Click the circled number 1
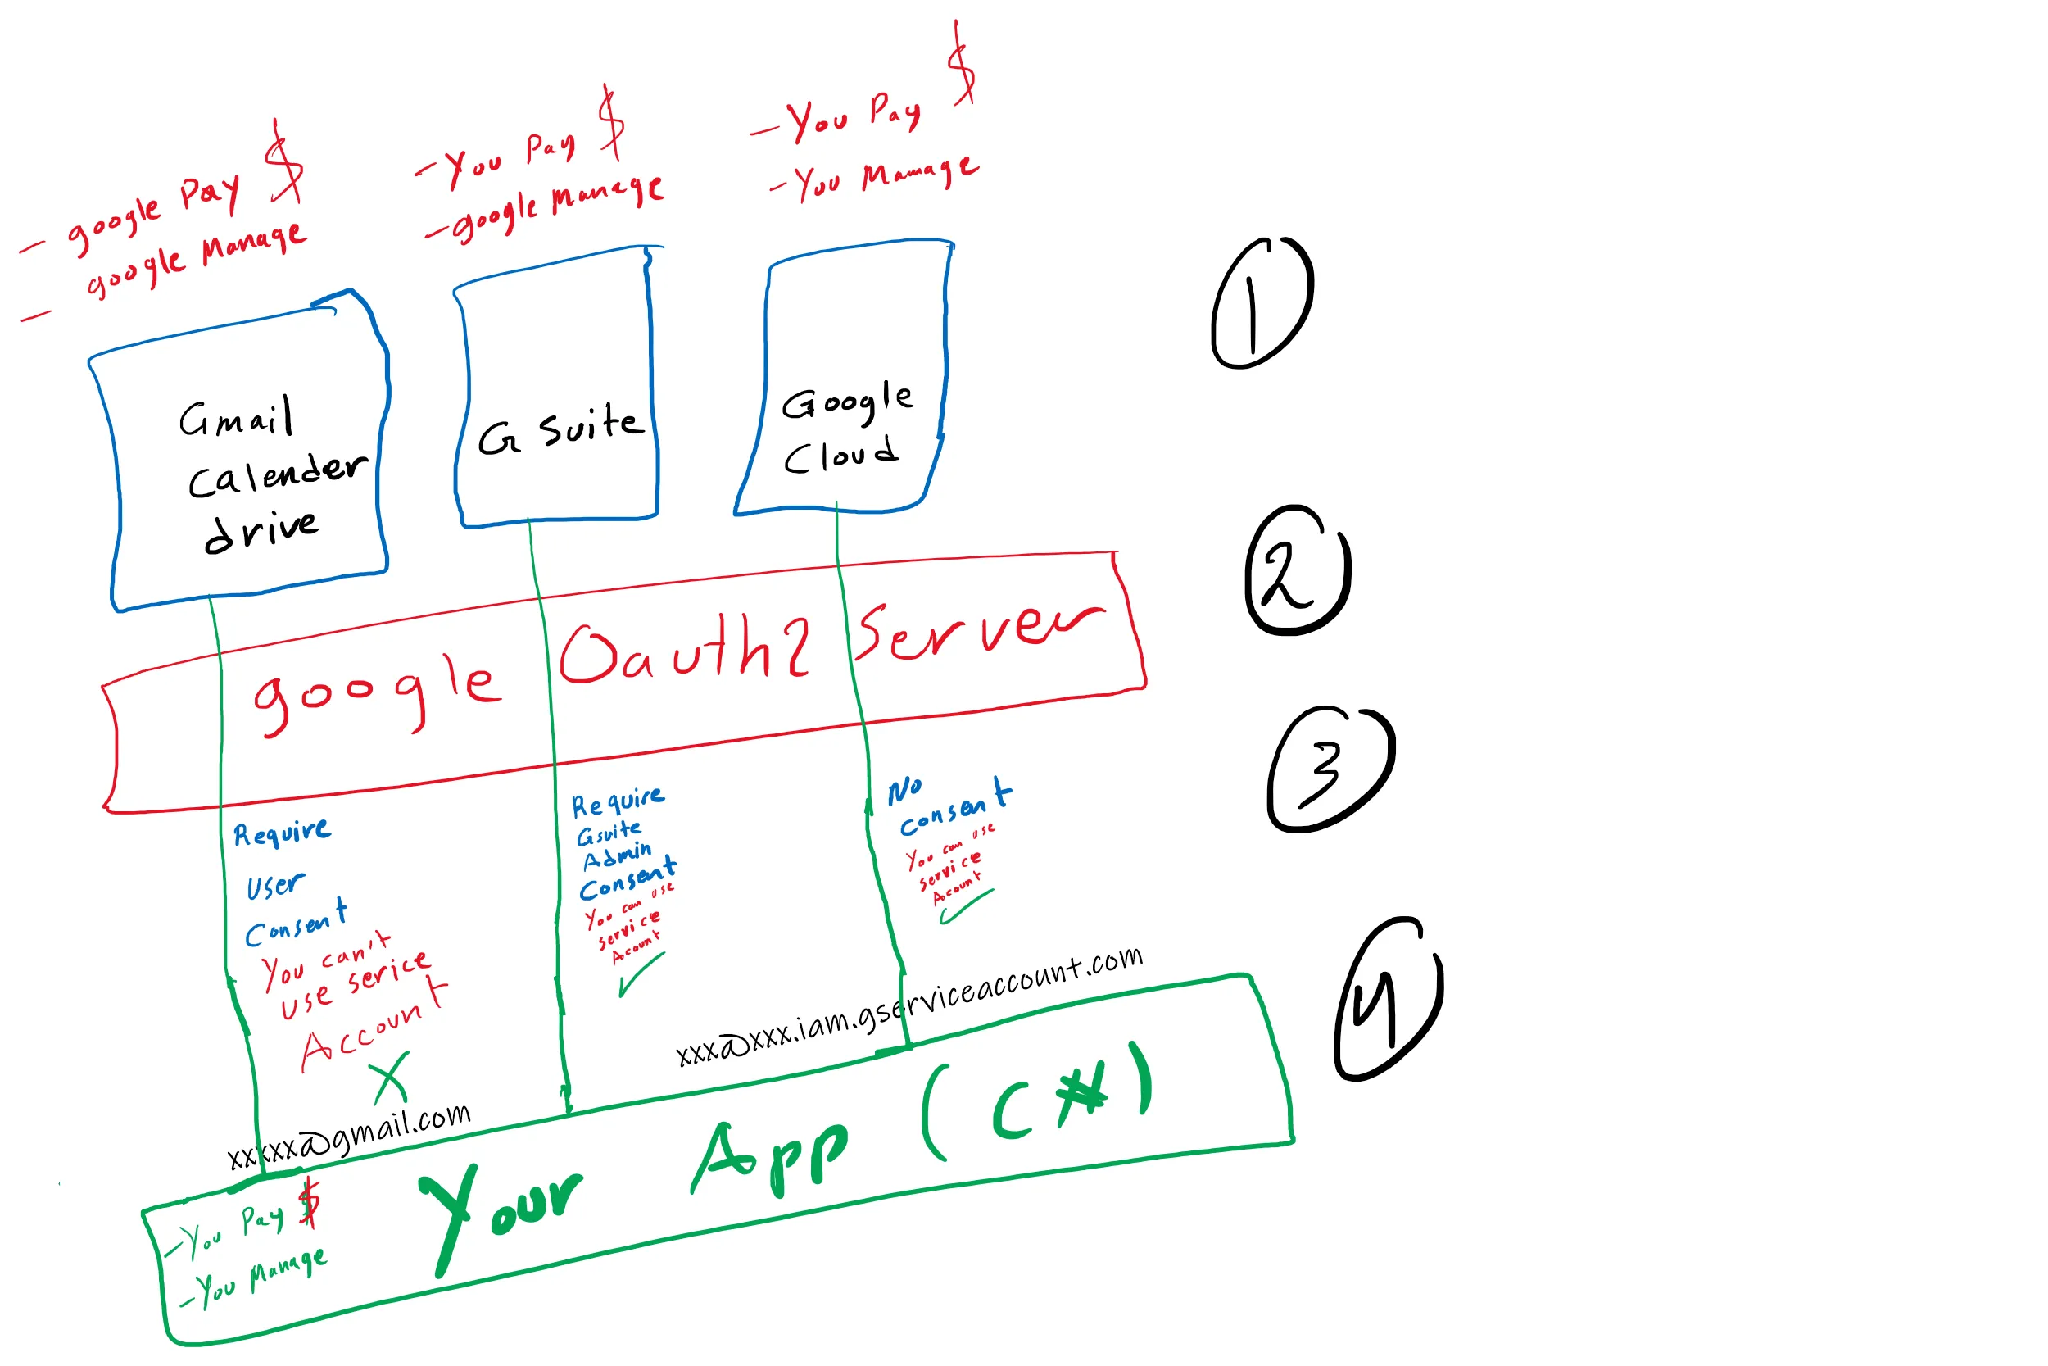tap(1261, 304)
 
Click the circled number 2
tap(1298, 570)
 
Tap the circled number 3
tap(1330, 768)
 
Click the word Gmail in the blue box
tap(236, 418)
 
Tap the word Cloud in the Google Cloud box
tap(840, 455)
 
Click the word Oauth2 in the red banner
tap(684, 649)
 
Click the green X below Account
tap(390, 1078)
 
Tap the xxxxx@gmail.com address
tap(349, 1137)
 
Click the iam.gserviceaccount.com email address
tap(910, 1006)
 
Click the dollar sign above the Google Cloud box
tap(963, 66)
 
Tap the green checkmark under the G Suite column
tap(641, 975)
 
